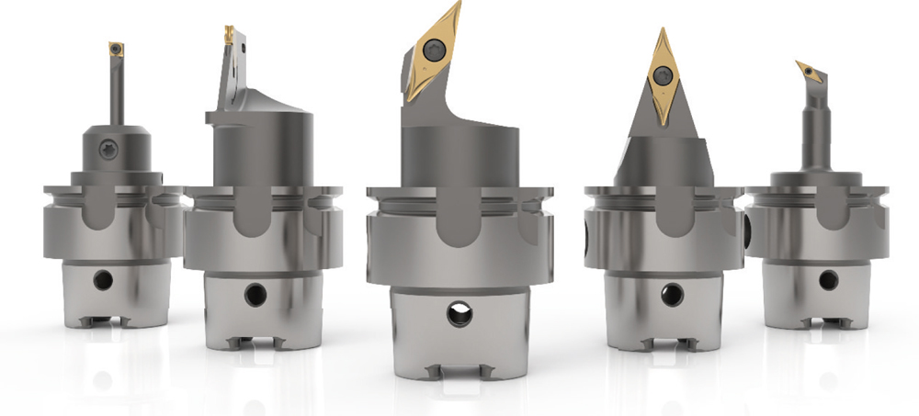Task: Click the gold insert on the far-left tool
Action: (117, 49)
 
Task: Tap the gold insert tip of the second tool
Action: (227, 36)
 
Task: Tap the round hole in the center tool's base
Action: (458, 314)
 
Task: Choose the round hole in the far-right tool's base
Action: (828, 279)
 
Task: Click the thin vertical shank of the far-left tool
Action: (116, 92)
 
